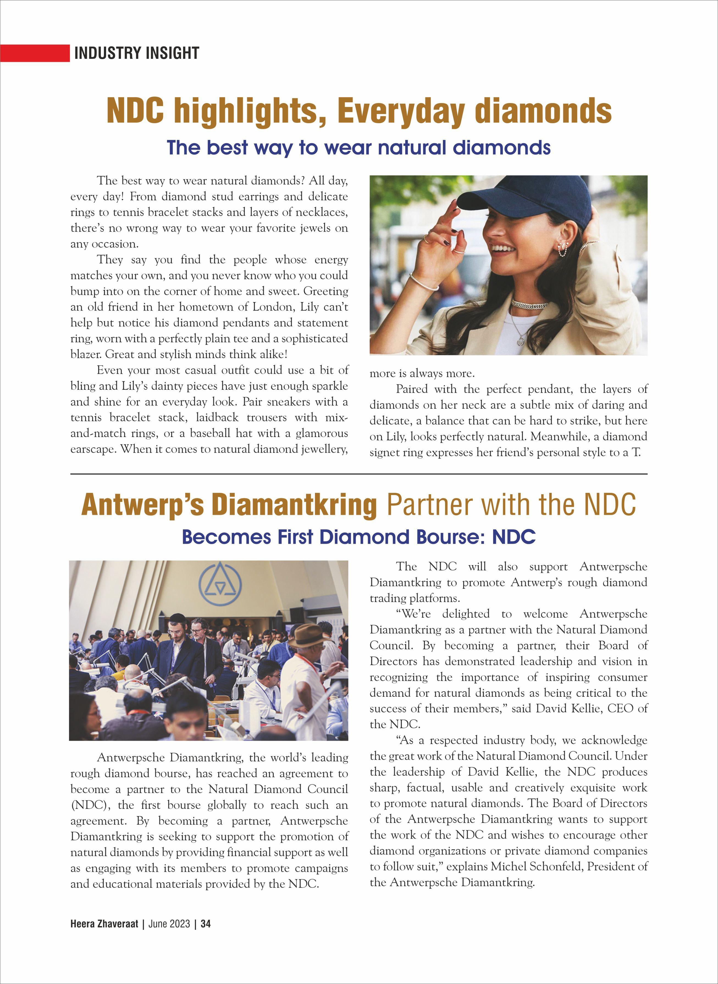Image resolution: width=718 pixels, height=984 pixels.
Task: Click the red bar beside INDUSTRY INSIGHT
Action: click(35, 53)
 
